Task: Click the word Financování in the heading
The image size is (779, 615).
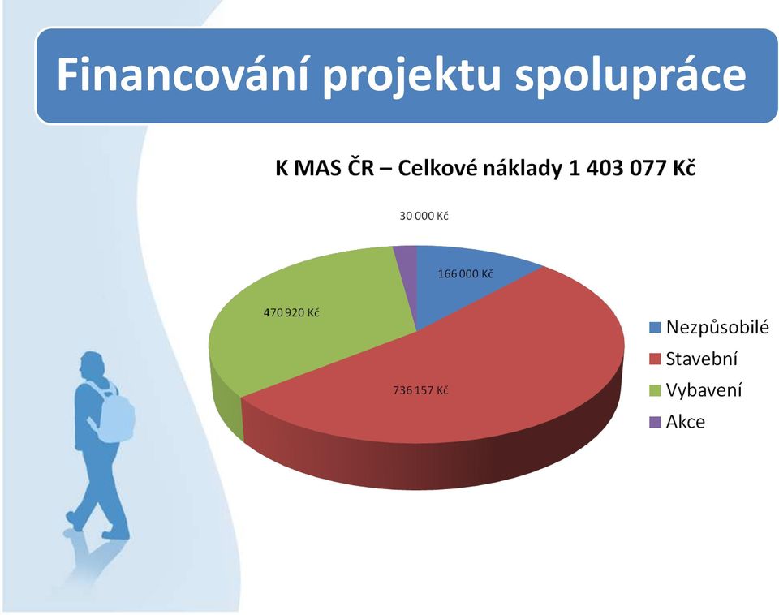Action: point(183,75)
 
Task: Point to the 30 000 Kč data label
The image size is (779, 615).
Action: point(424,216)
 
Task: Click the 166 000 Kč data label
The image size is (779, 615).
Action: point(466,273)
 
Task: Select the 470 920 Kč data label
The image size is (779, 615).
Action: point(291,312)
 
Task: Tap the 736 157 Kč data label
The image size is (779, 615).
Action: point(420,390)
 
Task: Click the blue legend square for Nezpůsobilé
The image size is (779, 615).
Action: point(655,328)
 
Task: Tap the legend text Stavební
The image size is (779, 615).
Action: point(701,359)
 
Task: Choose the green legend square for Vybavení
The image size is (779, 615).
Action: point(655,390)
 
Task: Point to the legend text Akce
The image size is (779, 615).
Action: point(685,422)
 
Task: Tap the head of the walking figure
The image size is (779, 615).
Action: point(93,366)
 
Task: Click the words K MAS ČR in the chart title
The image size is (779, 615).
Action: point(325,168)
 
